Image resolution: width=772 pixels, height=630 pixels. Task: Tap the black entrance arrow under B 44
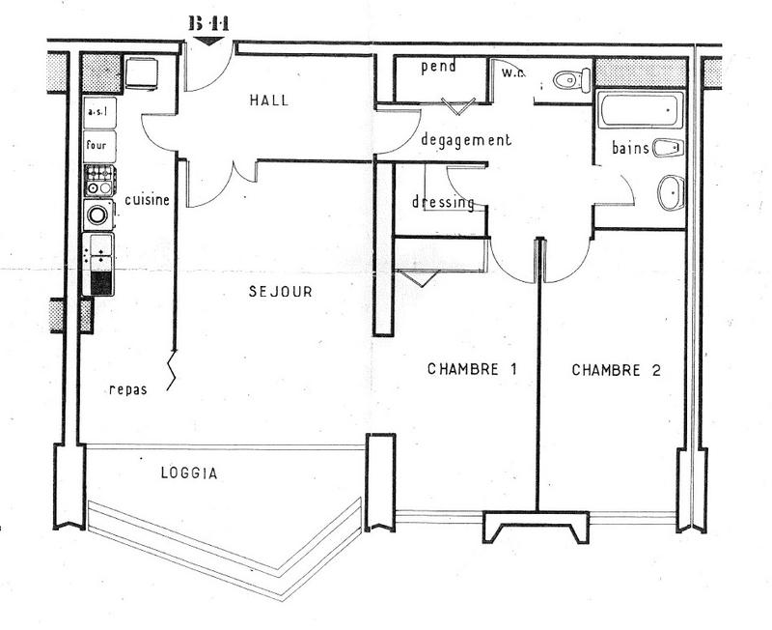207,40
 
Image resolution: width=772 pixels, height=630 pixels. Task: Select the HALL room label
268,100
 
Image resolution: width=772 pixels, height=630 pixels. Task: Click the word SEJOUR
280,291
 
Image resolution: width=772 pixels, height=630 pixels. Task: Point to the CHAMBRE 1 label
467,369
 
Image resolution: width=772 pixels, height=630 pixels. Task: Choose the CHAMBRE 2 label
616,369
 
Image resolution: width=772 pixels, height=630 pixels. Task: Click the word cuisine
147,200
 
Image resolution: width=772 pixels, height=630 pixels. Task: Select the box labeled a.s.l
98,112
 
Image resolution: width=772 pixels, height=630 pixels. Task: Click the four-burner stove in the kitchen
99,180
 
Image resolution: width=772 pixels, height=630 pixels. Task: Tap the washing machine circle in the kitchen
98,215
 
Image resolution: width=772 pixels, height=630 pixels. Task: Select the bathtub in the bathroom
641,110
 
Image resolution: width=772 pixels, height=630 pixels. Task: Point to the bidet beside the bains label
667,149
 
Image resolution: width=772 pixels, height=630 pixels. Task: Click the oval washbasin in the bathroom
671,192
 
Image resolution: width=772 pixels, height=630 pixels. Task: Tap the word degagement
466,140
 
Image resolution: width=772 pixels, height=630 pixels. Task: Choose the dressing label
443,203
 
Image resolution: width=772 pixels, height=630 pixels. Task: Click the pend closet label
438,67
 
